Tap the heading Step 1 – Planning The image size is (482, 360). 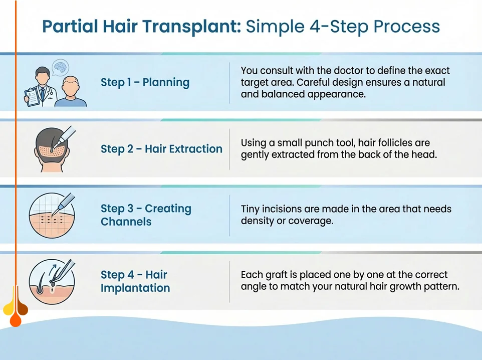click(x=145, y=82)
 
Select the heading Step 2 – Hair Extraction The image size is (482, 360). click(x=161, y=149)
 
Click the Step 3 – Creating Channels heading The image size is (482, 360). click(x=146, y=215)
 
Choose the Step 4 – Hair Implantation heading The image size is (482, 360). click(x=135, y=281)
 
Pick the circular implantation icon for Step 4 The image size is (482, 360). click(x=52, y=281)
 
